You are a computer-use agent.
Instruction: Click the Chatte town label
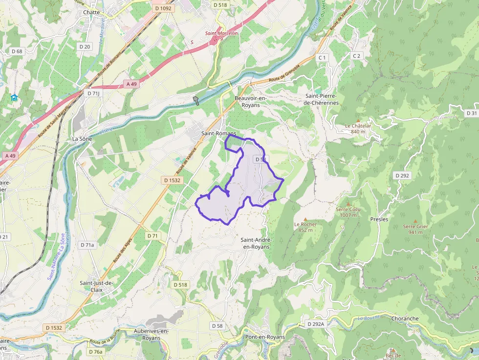click(x=91, y=12)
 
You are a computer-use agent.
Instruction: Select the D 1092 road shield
click(x=163, y=8)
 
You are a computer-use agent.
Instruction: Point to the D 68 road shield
click(x=17, y=51)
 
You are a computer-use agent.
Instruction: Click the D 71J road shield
click(x=93, y=93)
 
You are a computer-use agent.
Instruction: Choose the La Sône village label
click(x=82, y=139)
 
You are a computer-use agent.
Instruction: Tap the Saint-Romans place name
click(x=218, y=133)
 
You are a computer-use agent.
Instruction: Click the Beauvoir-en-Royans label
click(x=251, y=102)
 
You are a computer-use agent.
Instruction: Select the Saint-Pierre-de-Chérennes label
click(x=321, y=99)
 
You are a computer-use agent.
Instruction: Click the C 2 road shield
click(x=356, y=56)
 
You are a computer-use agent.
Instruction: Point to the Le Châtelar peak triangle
click(x=358, y=120)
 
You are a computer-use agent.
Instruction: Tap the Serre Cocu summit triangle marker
click(x=348, y=204)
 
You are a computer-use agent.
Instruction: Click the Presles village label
click(x=379, y=219)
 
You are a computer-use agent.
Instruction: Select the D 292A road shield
click(x=316, y=324)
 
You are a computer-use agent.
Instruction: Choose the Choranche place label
click(x=405, y=318)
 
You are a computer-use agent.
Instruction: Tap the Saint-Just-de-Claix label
click(x=96, y=286)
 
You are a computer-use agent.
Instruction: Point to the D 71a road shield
click(x=87, y=245)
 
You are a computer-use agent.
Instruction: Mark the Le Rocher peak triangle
click(x=305, y=219)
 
